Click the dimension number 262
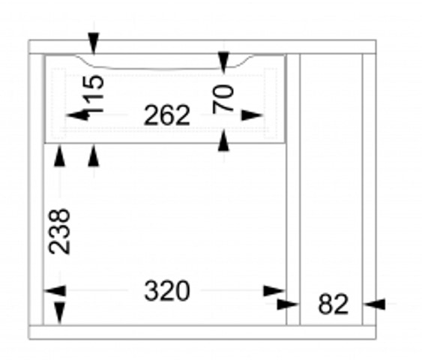click(167, 115)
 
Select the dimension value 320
click(167, 291)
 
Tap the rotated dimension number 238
click(59, 231)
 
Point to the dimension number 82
click(334, 304)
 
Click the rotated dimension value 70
click(223, 99)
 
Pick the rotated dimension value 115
click(93, 94)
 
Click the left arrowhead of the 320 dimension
click(55, 291)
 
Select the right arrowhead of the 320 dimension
click(274, 291)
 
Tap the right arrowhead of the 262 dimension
click(252, 115)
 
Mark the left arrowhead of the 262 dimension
click(78, 115)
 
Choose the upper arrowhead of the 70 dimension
click(223, 63)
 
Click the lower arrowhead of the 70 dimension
click(223, 140)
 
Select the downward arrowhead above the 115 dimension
click(94, 43)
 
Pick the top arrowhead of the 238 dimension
click(59, 155)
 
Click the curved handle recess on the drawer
click(165, 64)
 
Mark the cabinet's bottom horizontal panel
click(202, 332)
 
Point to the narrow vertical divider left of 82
click(293, 190)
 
